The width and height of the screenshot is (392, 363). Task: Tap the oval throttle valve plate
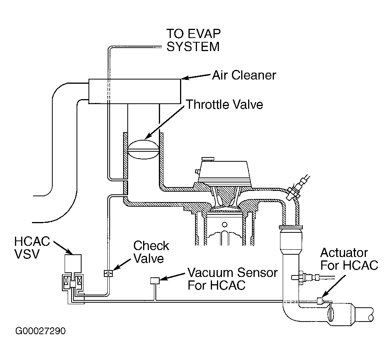pos(143,149)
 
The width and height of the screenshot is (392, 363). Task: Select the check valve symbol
pos(108,273)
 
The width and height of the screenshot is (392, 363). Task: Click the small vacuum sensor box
pos(155,281)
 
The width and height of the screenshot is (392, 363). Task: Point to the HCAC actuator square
pos(320,301)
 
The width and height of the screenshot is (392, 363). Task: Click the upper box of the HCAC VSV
pos(73,264)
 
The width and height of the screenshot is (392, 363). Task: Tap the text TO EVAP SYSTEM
pos(193,40)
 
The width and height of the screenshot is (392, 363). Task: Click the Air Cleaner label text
pos(244,75)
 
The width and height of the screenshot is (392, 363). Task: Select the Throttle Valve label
pos(225,104)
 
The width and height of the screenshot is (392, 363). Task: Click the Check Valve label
pos(151,252)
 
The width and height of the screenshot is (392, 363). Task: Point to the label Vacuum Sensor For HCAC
pos(232,279)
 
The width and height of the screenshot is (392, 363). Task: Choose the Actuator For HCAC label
pos(349,259)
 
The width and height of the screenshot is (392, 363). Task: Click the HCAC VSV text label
pos(32,248)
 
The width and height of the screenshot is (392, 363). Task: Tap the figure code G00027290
pos(40,331)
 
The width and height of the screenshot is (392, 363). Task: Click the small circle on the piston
pos(225,225)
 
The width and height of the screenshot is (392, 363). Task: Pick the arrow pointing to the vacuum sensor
pos(173,276)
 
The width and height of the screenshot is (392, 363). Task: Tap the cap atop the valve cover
pos(208,159)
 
